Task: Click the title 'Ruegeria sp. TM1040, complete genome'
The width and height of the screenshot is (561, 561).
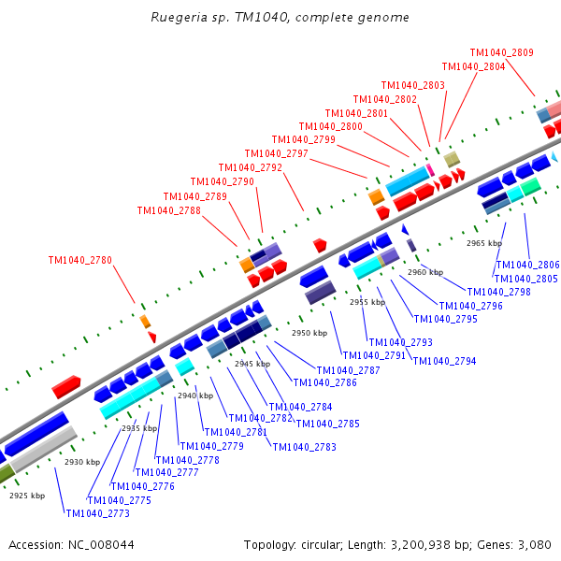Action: point(280,18)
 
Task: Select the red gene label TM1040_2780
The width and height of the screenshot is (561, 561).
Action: point(80,260)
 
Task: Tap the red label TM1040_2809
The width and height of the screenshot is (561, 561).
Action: point(501,53)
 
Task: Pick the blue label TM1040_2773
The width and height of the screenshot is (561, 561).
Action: point(97,513)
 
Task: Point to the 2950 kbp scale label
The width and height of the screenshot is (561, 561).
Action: point(309,333)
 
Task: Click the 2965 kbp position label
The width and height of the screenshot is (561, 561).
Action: point(484,243)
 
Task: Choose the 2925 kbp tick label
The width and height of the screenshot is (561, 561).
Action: point(27,496)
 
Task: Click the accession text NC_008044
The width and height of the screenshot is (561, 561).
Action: point(71,544)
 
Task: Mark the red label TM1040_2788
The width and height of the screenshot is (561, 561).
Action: point(168,210)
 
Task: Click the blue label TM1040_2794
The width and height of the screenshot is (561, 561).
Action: point(444,361)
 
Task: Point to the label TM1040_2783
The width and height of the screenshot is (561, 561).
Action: point(304,447)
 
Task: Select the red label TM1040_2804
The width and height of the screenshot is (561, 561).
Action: point(473,66)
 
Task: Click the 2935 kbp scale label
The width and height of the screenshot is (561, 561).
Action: point(138,428)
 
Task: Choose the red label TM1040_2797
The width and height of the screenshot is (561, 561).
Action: point(276,153)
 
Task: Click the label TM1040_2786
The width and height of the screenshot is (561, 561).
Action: point(324,381)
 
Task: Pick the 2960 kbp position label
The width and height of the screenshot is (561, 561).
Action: point(425,272)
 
